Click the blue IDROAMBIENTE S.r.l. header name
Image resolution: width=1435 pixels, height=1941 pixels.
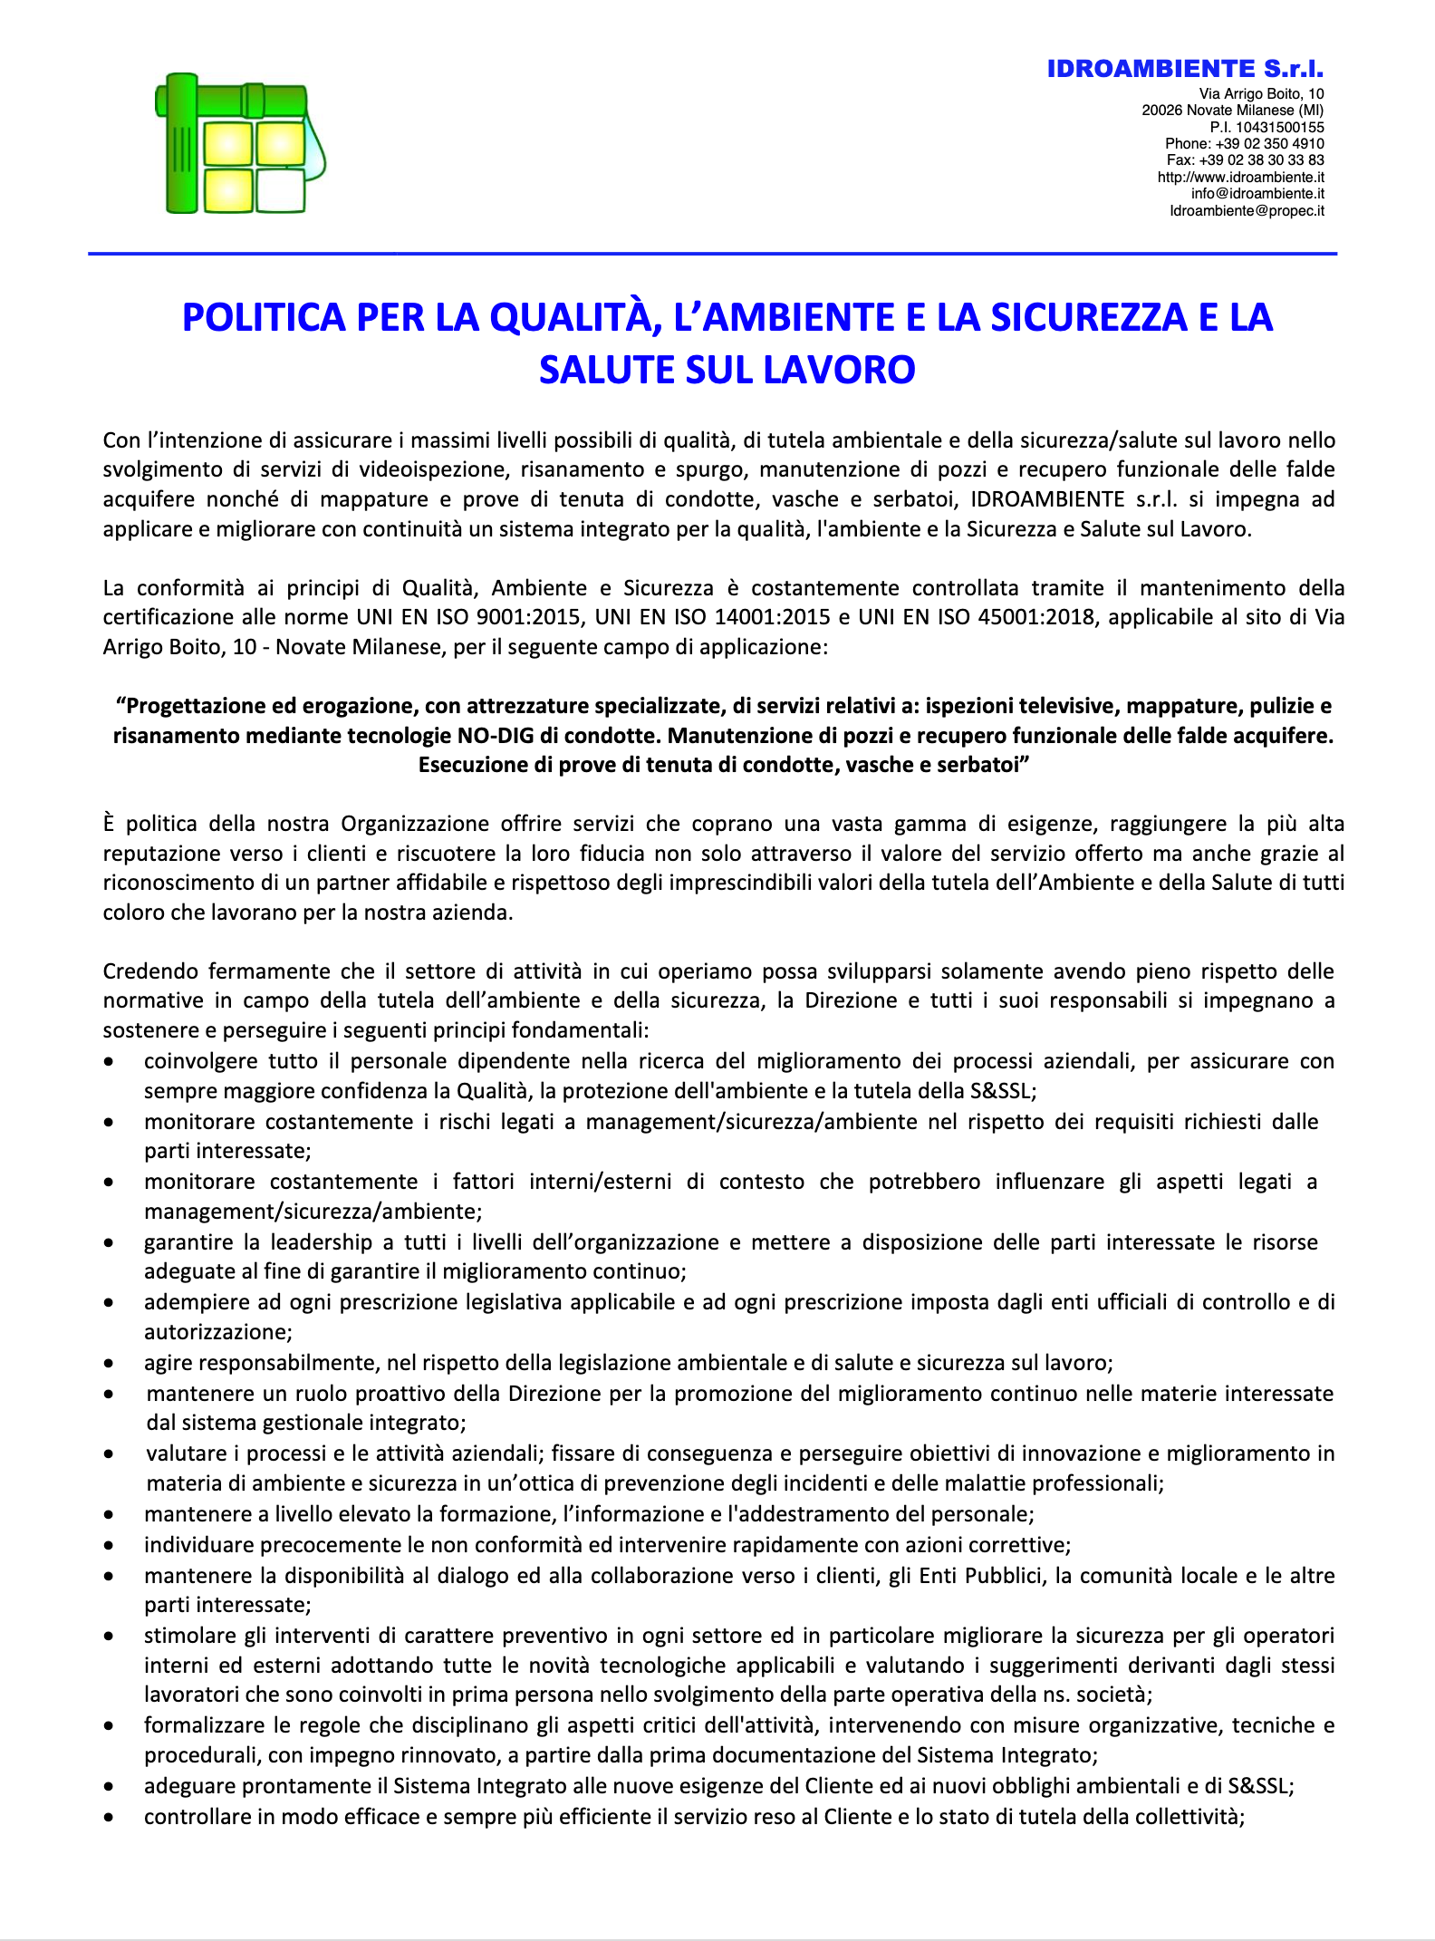coord(1185,69)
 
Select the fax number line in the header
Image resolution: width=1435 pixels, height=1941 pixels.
coord(1245,159)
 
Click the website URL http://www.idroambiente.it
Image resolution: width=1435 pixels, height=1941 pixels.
coord(1240,177)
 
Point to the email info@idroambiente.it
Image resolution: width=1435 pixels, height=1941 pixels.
coord(1257,193)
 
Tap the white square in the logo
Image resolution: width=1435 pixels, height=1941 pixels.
coord(281,190)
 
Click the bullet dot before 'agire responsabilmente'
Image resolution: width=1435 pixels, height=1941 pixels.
coord(109,1364)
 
